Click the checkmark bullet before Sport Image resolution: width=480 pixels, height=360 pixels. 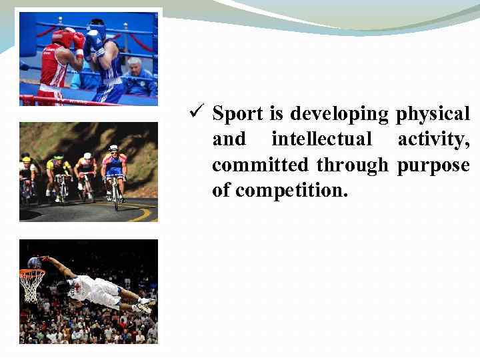(195, 113)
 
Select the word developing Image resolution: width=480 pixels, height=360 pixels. (339, 114)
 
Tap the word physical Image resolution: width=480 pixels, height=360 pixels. (433, 114)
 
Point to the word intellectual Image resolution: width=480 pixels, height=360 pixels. (321, 139)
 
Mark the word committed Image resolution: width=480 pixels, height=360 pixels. (260, 165)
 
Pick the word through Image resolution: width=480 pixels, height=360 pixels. (352, 165)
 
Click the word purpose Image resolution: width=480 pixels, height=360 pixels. (433, 165)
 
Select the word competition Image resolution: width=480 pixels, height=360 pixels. (291, 190)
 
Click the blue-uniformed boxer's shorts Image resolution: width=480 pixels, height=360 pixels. (110, 90)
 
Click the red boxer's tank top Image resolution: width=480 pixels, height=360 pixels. (55, 67)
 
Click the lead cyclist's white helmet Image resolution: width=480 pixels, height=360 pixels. (113, 148)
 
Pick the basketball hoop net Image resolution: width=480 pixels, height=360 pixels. (31, 283)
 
